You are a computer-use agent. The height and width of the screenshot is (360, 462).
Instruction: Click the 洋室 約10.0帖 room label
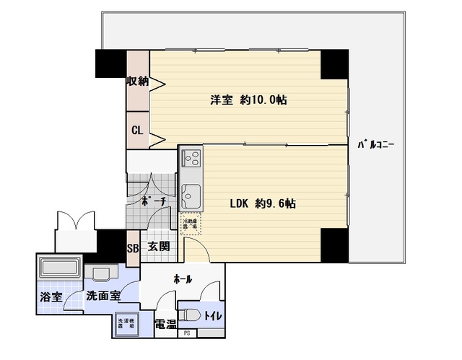click(x=248, y=100)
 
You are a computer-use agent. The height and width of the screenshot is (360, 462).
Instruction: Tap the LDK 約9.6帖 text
click(x=261, y=203)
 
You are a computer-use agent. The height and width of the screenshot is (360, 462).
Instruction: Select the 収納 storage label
click(x=138, y=81)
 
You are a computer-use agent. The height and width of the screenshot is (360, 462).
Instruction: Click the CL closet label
click(x=136, y=131)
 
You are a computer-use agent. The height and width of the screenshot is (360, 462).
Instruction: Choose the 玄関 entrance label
click(x=159, y=247)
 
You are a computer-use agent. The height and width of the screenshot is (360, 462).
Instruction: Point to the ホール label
click(x=183, y=278)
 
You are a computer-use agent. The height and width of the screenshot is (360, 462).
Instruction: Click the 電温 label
click(x=165, y=324)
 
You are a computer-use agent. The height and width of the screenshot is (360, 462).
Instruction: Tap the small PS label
click(x=187, y=333)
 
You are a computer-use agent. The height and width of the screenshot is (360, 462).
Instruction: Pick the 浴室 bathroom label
click(x=50, y=297)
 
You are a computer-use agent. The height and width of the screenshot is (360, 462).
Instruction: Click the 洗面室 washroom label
click(x=103, y=296)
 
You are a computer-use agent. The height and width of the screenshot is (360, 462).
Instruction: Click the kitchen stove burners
click(x=191, y=157)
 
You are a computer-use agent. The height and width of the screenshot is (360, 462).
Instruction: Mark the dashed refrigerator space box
click(x=190, y=226)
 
